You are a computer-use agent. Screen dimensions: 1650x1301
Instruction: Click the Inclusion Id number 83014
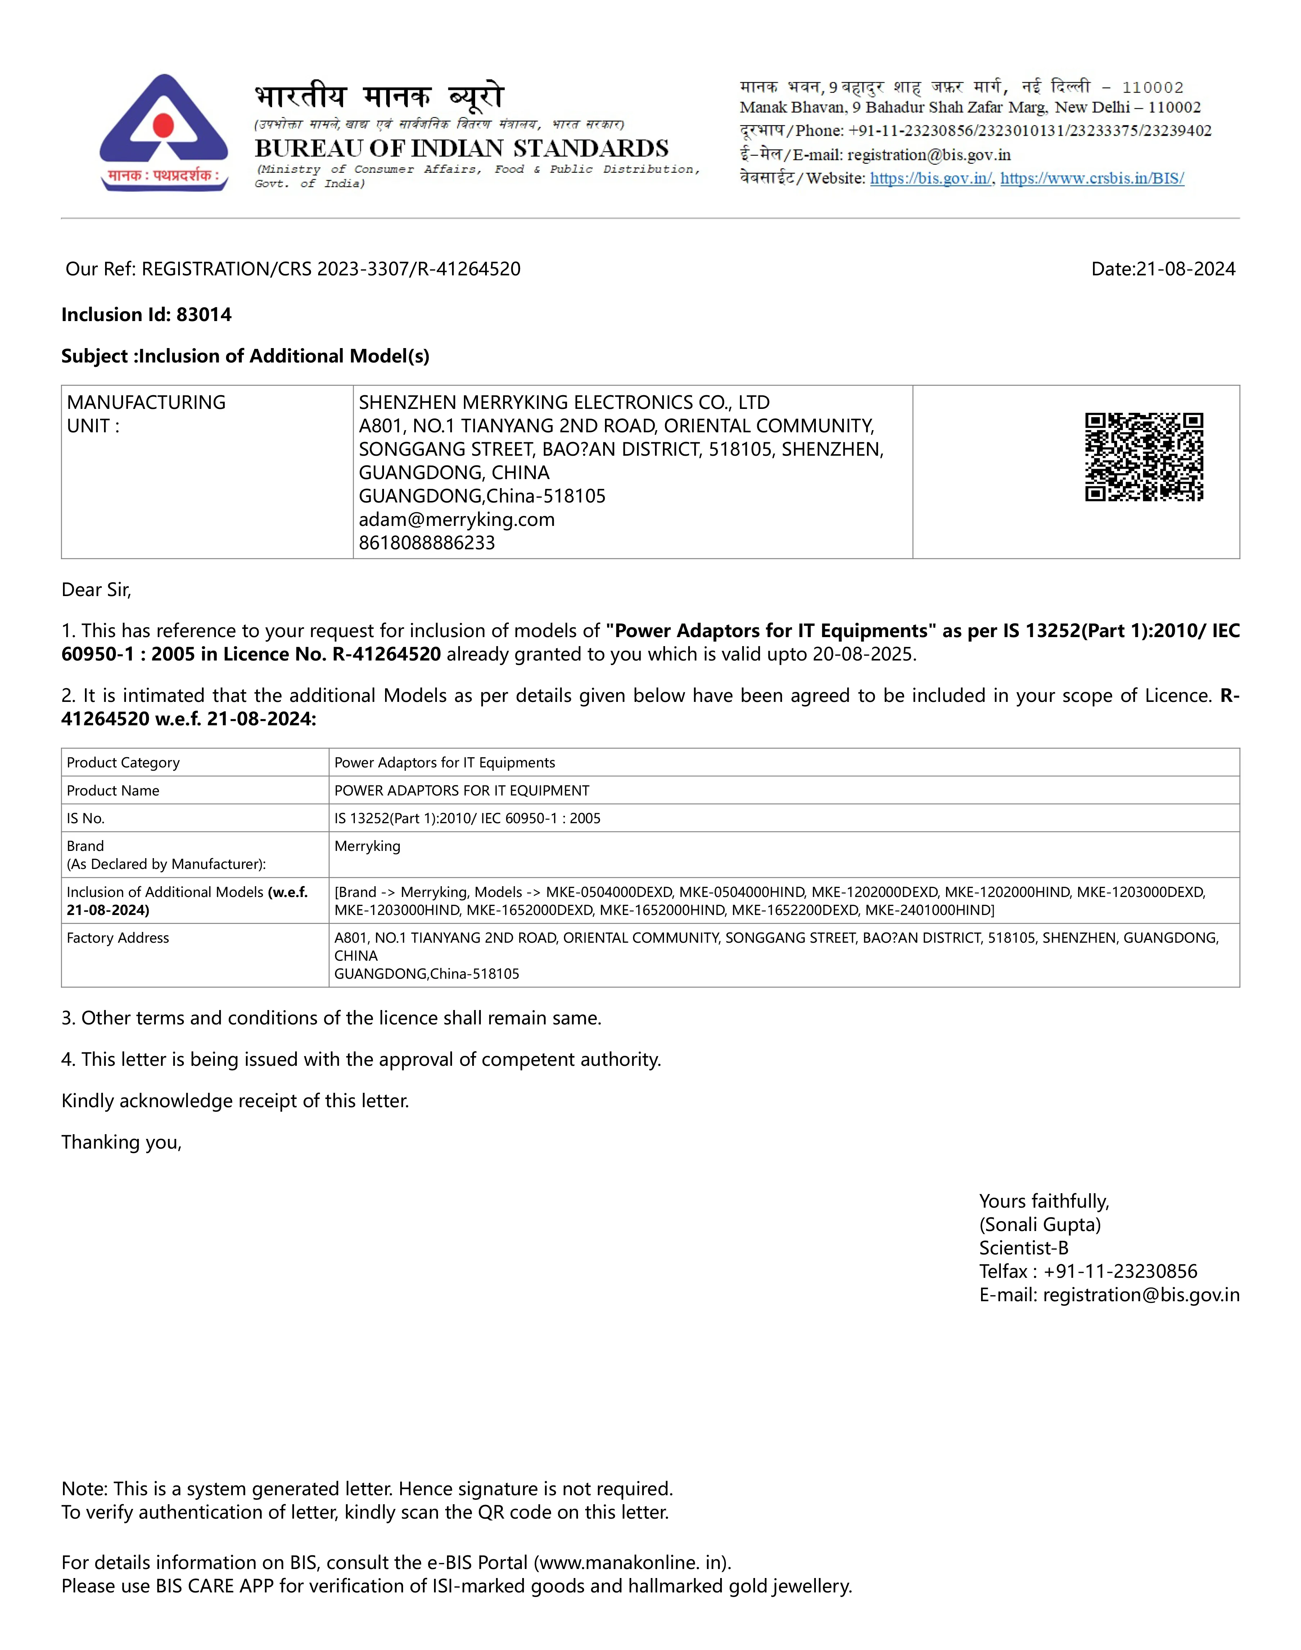(204, 315)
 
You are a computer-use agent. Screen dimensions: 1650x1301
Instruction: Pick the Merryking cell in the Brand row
(367, 846)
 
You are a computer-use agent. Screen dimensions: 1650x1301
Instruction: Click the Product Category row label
(123, 762)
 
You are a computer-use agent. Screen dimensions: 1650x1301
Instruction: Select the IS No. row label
(85, 818)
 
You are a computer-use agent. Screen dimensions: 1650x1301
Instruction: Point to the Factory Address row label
(118, 938)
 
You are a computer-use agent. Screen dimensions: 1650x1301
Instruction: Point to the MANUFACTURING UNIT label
(146, 414)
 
